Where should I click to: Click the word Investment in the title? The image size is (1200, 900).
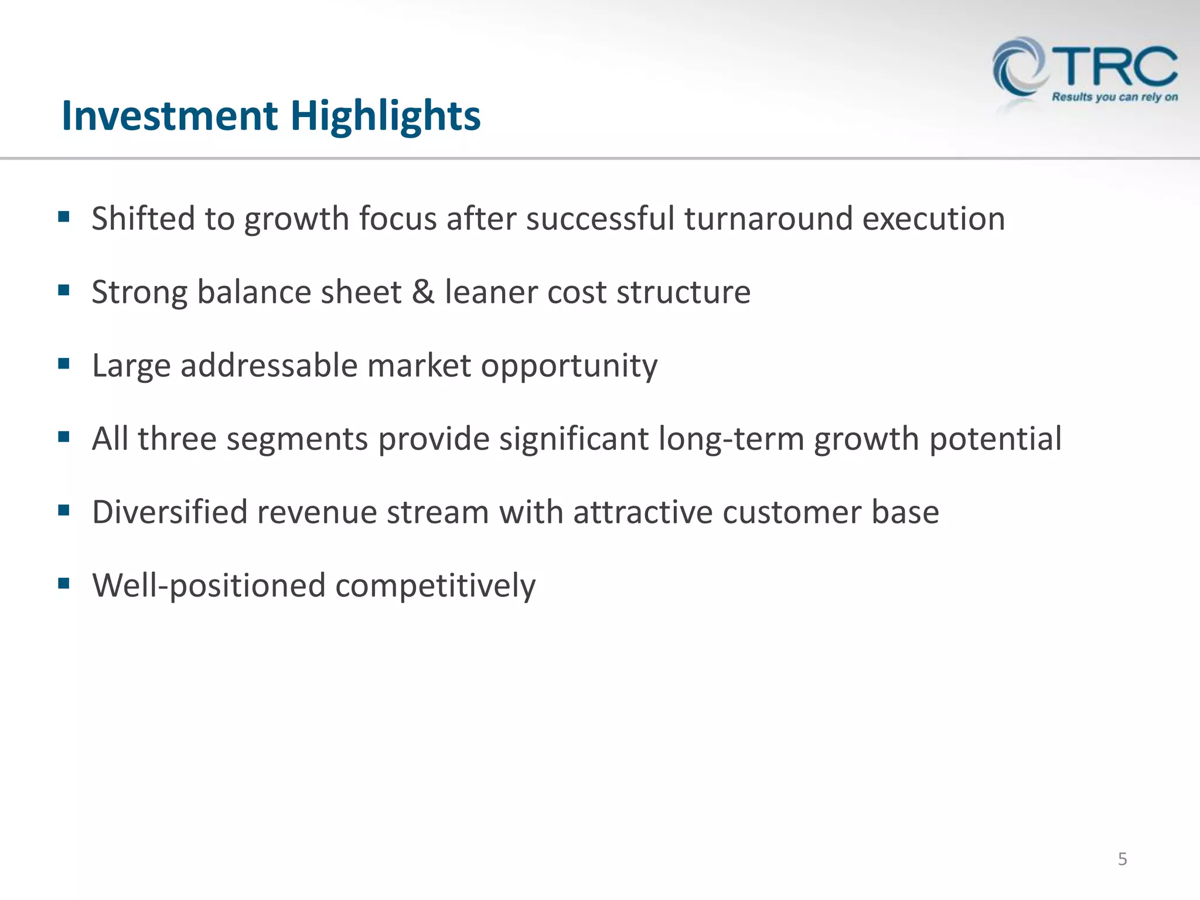(x=169, y=115)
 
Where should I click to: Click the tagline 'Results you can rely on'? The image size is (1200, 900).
(x=1114, y=97)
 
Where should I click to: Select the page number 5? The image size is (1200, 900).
(x=1122, y=859)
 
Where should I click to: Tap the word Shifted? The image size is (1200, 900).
(x=143, y=219)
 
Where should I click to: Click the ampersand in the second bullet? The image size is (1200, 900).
(x=423, y=292)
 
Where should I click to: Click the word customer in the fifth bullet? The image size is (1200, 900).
(x=792, y=512)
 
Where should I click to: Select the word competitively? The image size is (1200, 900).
(x=435, y=586)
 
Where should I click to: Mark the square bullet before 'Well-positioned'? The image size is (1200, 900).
(x=64, y=583)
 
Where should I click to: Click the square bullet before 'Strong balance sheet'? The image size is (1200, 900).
(x=64, y=289)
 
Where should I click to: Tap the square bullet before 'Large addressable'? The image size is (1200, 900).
(x=64, y=363)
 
